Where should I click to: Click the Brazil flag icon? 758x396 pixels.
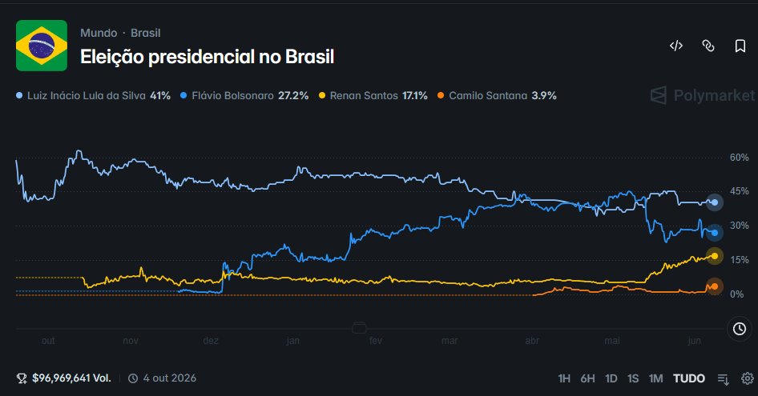click(x=42, y=46)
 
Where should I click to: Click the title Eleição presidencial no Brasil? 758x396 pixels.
click(x=207, y=57)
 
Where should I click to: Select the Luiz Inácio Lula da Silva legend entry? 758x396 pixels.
click(x=93, y=96)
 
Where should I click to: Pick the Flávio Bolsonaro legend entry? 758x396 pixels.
click(x=244, y=96)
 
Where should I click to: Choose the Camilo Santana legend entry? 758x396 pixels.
click(x=497, y=96)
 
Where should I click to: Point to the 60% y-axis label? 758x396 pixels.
click(x=739, y=158)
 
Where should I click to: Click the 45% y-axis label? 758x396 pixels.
click(x=739, y=191)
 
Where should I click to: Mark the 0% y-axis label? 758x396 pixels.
click(x=736, y=294)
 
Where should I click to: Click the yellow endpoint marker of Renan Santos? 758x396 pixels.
click(x=715, y=256)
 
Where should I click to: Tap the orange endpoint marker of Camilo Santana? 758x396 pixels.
click(x=715, y=286)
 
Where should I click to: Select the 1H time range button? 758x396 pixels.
click(x=564, y=378)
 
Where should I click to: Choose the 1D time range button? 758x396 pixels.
click(x=611, y=378)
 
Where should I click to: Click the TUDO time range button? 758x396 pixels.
click(x=689, y=378)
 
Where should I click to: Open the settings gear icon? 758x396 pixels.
click(x=748, y=378)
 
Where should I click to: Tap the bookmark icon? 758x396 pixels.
click(x=740, y=46)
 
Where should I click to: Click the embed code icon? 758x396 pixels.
click(x=676, y=46)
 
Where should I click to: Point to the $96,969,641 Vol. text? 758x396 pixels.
click(x=71, y=378)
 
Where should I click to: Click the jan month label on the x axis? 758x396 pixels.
click(x=293, y=341)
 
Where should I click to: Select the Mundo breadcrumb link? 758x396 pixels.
click(x=99, y=33)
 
